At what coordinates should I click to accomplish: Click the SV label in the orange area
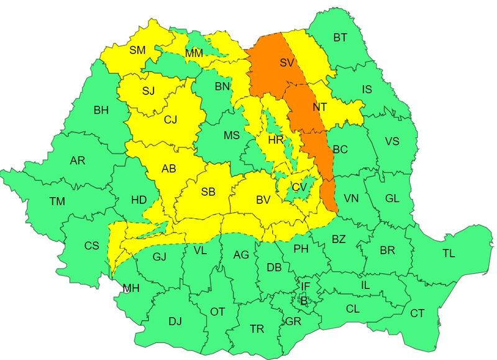[x=286, y=63]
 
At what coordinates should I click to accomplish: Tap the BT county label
[x=340, y=38]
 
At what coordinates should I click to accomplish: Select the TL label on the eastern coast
[x=449, y=253]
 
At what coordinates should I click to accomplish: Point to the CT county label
[x=417, y=313]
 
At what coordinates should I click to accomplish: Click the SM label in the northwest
[x=137, y=50]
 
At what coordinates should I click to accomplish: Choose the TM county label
[x=57, y=201]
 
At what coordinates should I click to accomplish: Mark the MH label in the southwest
[x=131, y=288]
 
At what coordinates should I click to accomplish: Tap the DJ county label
[x=175, y=321]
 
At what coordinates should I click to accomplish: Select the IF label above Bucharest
[x=305, y=286]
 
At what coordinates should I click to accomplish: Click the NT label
[x=320, y=106]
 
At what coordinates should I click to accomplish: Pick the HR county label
[x=275, y=141]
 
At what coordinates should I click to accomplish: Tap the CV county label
[x=299, y=187]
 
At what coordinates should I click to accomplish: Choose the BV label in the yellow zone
[x=263, y=200]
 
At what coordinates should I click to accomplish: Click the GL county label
[x=392, y=198]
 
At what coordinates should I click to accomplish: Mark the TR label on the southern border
[x=256, y=328]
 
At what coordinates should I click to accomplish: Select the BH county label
[x=101, y=110]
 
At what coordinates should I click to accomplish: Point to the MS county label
[x=232, y=135]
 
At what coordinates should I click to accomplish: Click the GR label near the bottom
[x=293, y=321]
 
